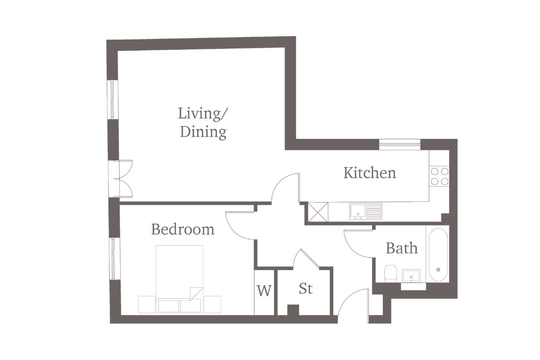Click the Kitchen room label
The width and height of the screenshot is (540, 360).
click(370, 173)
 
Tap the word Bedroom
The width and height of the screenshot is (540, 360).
click(183, 229)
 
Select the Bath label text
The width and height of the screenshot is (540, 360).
click(402, 248)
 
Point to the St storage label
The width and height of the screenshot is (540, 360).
click(306, 288)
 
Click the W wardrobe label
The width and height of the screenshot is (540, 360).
click(264, 290)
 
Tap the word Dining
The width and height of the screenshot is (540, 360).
click(203, 132)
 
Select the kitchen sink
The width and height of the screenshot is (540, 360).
click(366, 211)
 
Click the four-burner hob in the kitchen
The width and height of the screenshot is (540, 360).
click(440, 176)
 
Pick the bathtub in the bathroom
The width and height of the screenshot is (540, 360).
click(438, 254)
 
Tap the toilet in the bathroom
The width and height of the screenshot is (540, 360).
click(391, 273)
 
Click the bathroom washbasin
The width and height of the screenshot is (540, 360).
click(411, 276)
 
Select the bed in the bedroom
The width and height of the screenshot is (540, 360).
click(179, 279)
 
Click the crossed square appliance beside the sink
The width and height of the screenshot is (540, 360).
click(318, 212)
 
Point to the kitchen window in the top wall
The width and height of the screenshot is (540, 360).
click(400, 144)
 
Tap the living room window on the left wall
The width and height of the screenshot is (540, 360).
click(113, 99)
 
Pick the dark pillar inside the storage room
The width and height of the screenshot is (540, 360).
click(293, 310)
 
